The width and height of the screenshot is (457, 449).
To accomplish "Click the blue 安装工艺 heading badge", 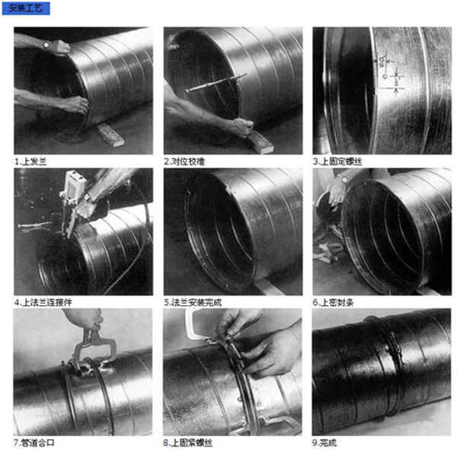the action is [x=26, y=8].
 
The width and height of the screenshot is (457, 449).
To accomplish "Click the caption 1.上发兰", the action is [x=30, y=161].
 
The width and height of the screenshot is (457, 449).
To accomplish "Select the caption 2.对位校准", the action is [x=184, y=161].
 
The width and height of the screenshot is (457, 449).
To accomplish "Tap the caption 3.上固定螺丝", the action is [x=337, y=161].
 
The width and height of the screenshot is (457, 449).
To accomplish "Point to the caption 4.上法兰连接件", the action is [x=43, y=302].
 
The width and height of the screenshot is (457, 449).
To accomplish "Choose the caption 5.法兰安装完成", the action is [x=193, y=302].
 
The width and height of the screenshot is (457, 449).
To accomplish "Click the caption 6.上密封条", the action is [x=333, y=302].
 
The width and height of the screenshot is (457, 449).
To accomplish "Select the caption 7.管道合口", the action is [x=34, y=443].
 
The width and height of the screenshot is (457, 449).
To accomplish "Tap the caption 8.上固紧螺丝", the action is [x=187, y=443].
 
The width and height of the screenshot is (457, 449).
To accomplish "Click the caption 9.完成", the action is [x=324, y=443].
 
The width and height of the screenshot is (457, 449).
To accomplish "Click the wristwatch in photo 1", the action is [x=46, y=45].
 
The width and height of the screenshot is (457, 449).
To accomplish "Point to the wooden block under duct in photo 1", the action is [x=110, y=135].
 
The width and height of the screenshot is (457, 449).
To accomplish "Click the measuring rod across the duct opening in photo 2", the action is [x=216, y=83].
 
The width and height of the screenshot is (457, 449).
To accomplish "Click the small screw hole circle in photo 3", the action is [x=385, y=76].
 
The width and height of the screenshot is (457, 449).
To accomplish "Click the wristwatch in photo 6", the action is [x=344, y=179].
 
